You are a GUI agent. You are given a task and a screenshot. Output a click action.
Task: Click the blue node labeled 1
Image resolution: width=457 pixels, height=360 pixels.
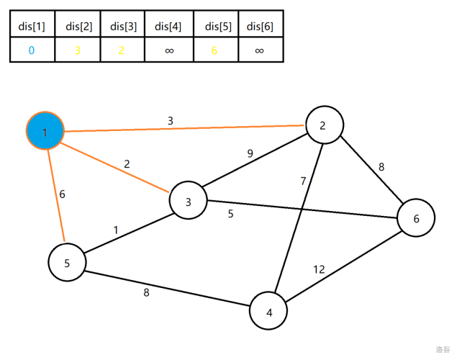click(45, 132)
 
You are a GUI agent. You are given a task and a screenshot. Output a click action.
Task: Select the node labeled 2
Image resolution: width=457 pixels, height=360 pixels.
click(323, 125)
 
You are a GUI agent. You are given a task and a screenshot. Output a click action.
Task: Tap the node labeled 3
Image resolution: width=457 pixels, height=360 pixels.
click(188, 202)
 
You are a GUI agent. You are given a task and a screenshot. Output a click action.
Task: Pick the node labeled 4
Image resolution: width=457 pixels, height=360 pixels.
click(269, 312)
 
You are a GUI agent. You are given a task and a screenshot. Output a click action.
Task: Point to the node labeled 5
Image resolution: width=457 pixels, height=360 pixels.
click(67, 263)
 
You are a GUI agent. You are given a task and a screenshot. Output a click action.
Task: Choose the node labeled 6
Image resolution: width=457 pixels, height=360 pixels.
click(416, 217)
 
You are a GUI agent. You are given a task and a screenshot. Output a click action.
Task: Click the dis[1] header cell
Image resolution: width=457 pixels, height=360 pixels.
click(32, 27)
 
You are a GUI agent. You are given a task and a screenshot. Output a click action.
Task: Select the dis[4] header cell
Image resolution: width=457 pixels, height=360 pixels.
click(168, 27)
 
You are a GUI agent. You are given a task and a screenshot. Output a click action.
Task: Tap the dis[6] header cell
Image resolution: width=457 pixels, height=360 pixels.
click(260, 27)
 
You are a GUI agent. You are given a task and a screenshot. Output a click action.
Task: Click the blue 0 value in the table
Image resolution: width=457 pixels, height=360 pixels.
click(32, 50)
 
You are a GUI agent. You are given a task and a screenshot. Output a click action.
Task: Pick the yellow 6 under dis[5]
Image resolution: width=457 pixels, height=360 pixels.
click(214, 50)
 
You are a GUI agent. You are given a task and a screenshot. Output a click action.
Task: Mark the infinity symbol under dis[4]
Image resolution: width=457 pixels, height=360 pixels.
click(168, 50)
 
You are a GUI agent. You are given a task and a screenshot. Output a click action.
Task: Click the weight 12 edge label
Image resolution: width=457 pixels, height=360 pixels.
click(319, 269)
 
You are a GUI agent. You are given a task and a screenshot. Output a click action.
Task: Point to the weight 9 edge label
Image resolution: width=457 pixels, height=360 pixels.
click(250, 153)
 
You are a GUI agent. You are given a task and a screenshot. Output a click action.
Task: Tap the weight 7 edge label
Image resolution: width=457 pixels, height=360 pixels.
click(304, 181)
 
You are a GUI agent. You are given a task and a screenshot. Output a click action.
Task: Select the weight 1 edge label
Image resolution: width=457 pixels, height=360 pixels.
click(115, 230)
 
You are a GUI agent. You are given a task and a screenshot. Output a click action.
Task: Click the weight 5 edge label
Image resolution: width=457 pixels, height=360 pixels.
click(230, 213)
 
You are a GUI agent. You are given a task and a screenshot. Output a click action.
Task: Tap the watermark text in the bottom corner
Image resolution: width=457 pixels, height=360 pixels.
click(442, 349)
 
